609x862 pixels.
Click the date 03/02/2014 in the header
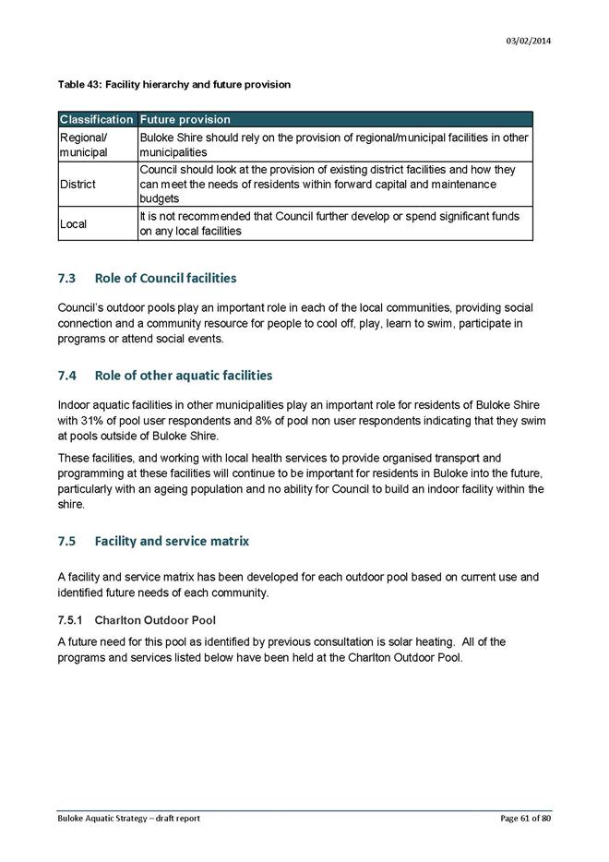529,42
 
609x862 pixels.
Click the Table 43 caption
173,85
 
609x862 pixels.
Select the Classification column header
97,120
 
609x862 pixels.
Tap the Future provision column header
185,120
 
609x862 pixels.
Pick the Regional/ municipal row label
84,145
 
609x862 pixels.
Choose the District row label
78,185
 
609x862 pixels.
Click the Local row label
74,224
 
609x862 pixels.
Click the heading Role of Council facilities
165,278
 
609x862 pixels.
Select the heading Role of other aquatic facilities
184,376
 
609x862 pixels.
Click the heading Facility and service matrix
172,540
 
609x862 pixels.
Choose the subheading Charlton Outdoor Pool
155,620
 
